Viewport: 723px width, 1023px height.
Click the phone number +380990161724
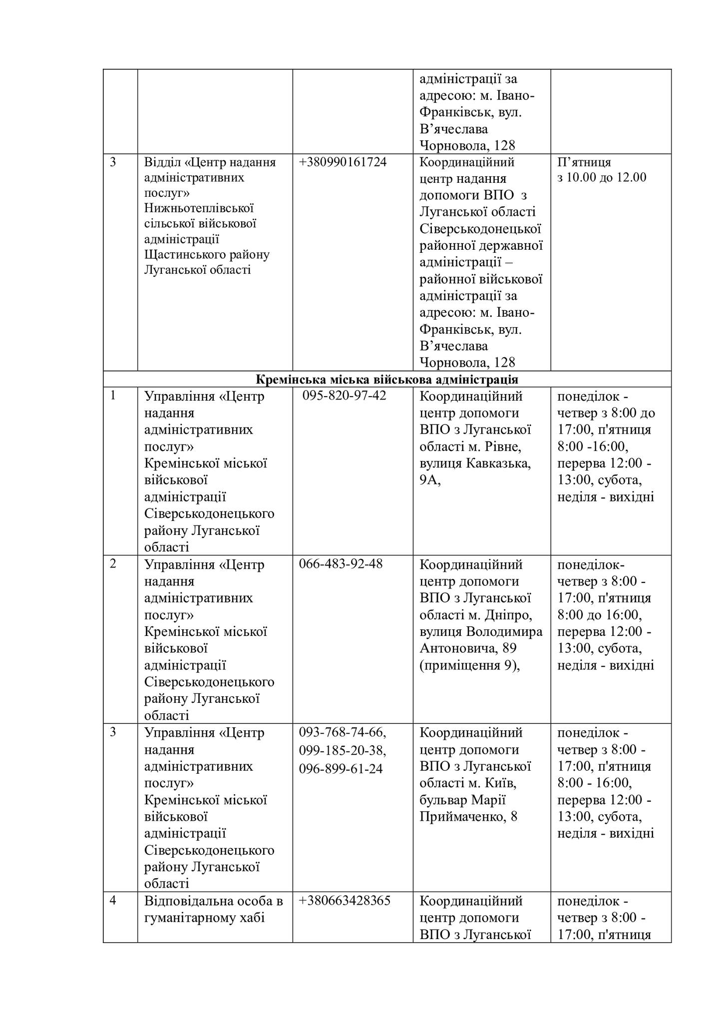[343, 162]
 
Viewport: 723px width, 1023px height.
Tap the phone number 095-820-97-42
[344, 396]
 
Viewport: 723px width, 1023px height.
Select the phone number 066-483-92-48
[341, 564]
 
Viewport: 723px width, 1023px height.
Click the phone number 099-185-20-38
[343, 750]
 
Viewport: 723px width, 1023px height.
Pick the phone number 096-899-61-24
[341, 768]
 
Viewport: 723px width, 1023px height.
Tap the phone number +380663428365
[345, 901]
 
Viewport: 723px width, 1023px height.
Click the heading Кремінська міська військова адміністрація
[386, 379]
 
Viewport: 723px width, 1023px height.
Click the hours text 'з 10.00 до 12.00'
[602, 177]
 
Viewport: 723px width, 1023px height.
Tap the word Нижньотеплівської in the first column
[199, 208]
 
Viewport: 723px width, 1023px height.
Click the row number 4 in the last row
[113, 901]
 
